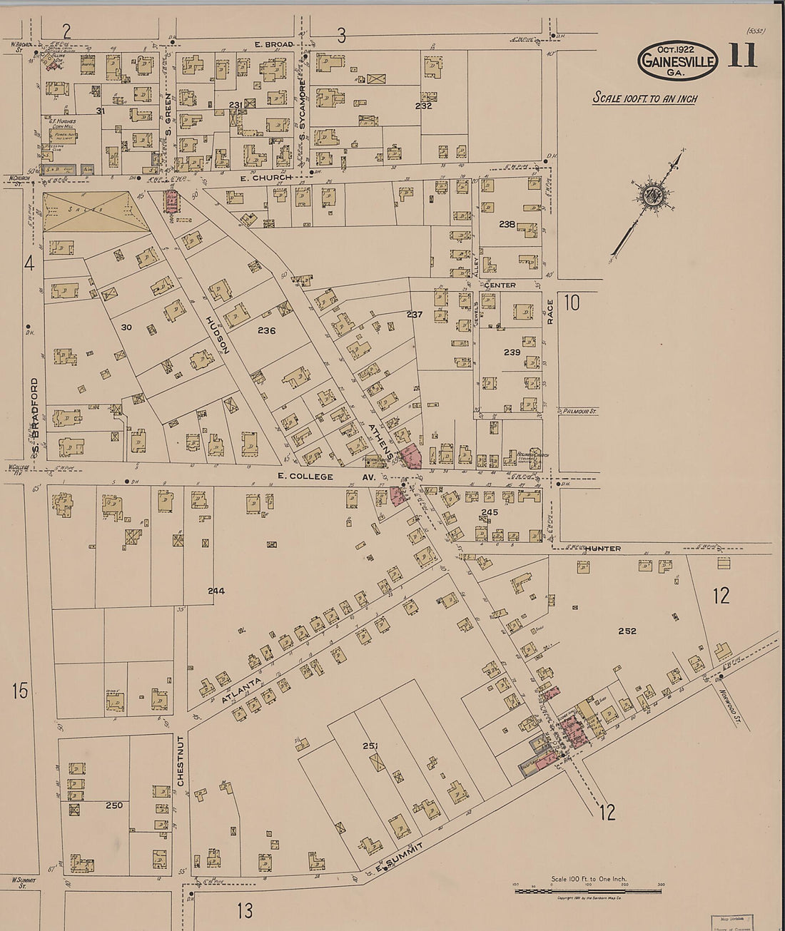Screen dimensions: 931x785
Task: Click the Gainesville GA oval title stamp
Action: tap(677, 60)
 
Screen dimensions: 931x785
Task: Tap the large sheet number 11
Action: tap(742, 56)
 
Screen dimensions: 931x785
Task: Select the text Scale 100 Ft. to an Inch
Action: tap(644, 98)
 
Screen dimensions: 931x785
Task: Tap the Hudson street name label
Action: tap(216, 335)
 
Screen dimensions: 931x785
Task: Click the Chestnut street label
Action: tap(181, 761)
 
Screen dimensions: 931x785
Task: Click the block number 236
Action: tap(267, 331)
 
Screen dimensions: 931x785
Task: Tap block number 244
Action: tap(216, 591)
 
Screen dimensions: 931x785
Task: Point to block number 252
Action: tap(627, 631)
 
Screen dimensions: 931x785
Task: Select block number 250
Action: tap(113, 805)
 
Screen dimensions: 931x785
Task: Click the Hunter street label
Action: tap(604, 549)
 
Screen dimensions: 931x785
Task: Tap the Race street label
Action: tap(550, 312)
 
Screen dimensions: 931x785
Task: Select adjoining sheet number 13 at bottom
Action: tap(245, 910)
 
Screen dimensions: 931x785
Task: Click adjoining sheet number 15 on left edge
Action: tap(20, 690)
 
